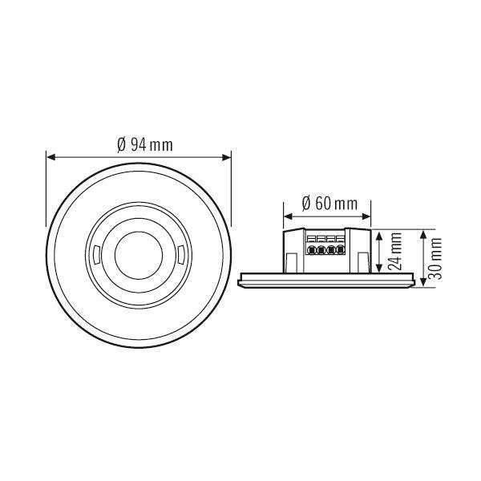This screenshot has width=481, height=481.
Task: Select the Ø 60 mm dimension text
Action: pos(329,203)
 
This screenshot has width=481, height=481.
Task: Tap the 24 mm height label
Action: pos(394,253)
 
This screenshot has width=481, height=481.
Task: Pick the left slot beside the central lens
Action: pos(95,257)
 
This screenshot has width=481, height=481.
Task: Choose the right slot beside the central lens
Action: pos(181,257)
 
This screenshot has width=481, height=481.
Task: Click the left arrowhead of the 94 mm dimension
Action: pos(51,157)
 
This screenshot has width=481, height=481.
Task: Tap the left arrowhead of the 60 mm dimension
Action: pos(287,216)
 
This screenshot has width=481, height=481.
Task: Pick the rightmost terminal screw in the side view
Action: pos(341,249)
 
